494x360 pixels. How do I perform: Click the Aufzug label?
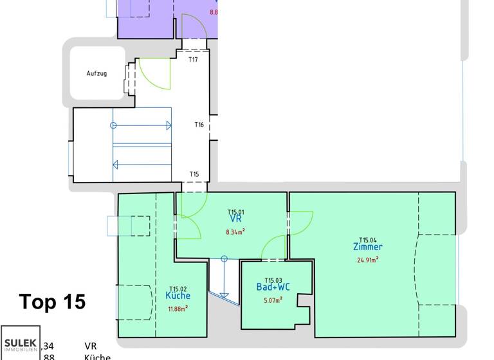pyautogui.click(x=96, y=73)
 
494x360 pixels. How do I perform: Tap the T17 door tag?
pyautogui.click(x=193, y=60)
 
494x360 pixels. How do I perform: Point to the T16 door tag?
pyautogui.click(x=199, y=125)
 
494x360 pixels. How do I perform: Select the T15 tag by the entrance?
pyautogui.click(x=194, y=174)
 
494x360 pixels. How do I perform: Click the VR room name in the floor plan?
pyautogui.click(x=235, y=220)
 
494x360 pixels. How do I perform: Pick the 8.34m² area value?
pyautogui.click(x=235, y=231)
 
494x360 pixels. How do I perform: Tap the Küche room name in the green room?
pyautogui.click(x=178, y=296)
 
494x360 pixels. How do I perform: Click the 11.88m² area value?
pyautogui.click(x=178, y=309)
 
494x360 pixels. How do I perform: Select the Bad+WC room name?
pyautogui.click(x=273, y=287)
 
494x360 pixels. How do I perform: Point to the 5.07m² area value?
pyautogui.click(x=273, y=300)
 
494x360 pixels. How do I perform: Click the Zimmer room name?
pyautogui.click(x=368, y=247)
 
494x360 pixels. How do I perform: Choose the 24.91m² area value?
pyautogui.click(x=368, y=260)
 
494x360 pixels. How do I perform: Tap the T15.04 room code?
pyautogui.click(x=368, y=239)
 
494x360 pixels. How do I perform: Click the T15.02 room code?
pyautogui.click(x=178, y=289)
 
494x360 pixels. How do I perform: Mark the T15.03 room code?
pyautogui.click(x=273, y=280)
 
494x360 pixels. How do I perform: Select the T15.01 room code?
pyautogui.click(x=235, y=212)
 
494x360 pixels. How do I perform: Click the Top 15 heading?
pyautogui.click(x=52, y=301)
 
